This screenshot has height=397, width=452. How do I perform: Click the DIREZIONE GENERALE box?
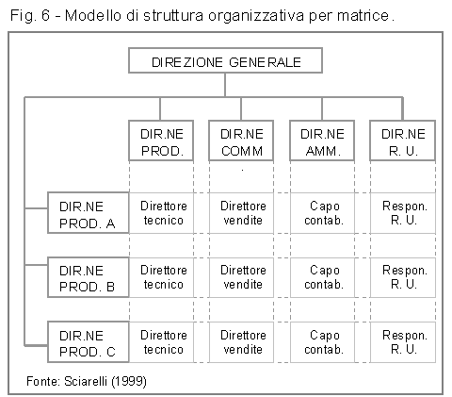point(225,60)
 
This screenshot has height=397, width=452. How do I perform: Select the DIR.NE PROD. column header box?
point(161,141)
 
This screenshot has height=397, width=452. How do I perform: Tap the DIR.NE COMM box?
point(241,141)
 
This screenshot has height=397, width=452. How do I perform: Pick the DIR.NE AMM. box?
point(322,141)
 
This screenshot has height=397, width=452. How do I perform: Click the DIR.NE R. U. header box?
point(403,141)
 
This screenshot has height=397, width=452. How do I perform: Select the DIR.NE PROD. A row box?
point(89,213)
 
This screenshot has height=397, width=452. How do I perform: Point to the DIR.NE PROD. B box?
point(89,277)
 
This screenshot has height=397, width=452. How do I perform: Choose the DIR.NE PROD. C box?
point(89,342)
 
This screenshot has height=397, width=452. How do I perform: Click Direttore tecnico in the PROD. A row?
point(164,213)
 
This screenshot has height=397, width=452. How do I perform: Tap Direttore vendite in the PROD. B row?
point(243,277)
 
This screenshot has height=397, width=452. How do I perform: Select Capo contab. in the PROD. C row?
point(324,342)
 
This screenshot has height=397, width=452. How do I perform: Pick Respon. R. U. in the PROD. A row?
point(405,213)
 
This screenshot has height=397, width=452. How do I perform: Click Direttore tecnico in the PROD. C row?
point(164,342)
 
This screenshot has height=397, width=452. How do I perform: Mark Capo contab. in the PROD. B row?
point(324,277)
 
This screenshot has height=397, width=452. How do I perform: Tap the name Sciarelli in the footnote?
point(86,381)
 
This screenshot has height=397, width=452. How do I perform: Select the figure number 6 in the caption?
point(45,15)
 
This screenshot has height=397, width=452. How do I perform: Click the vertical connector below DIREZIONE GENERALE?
point(225,85)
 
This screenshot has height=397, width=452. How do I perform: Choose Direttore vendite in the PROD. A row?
point(243,213)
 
